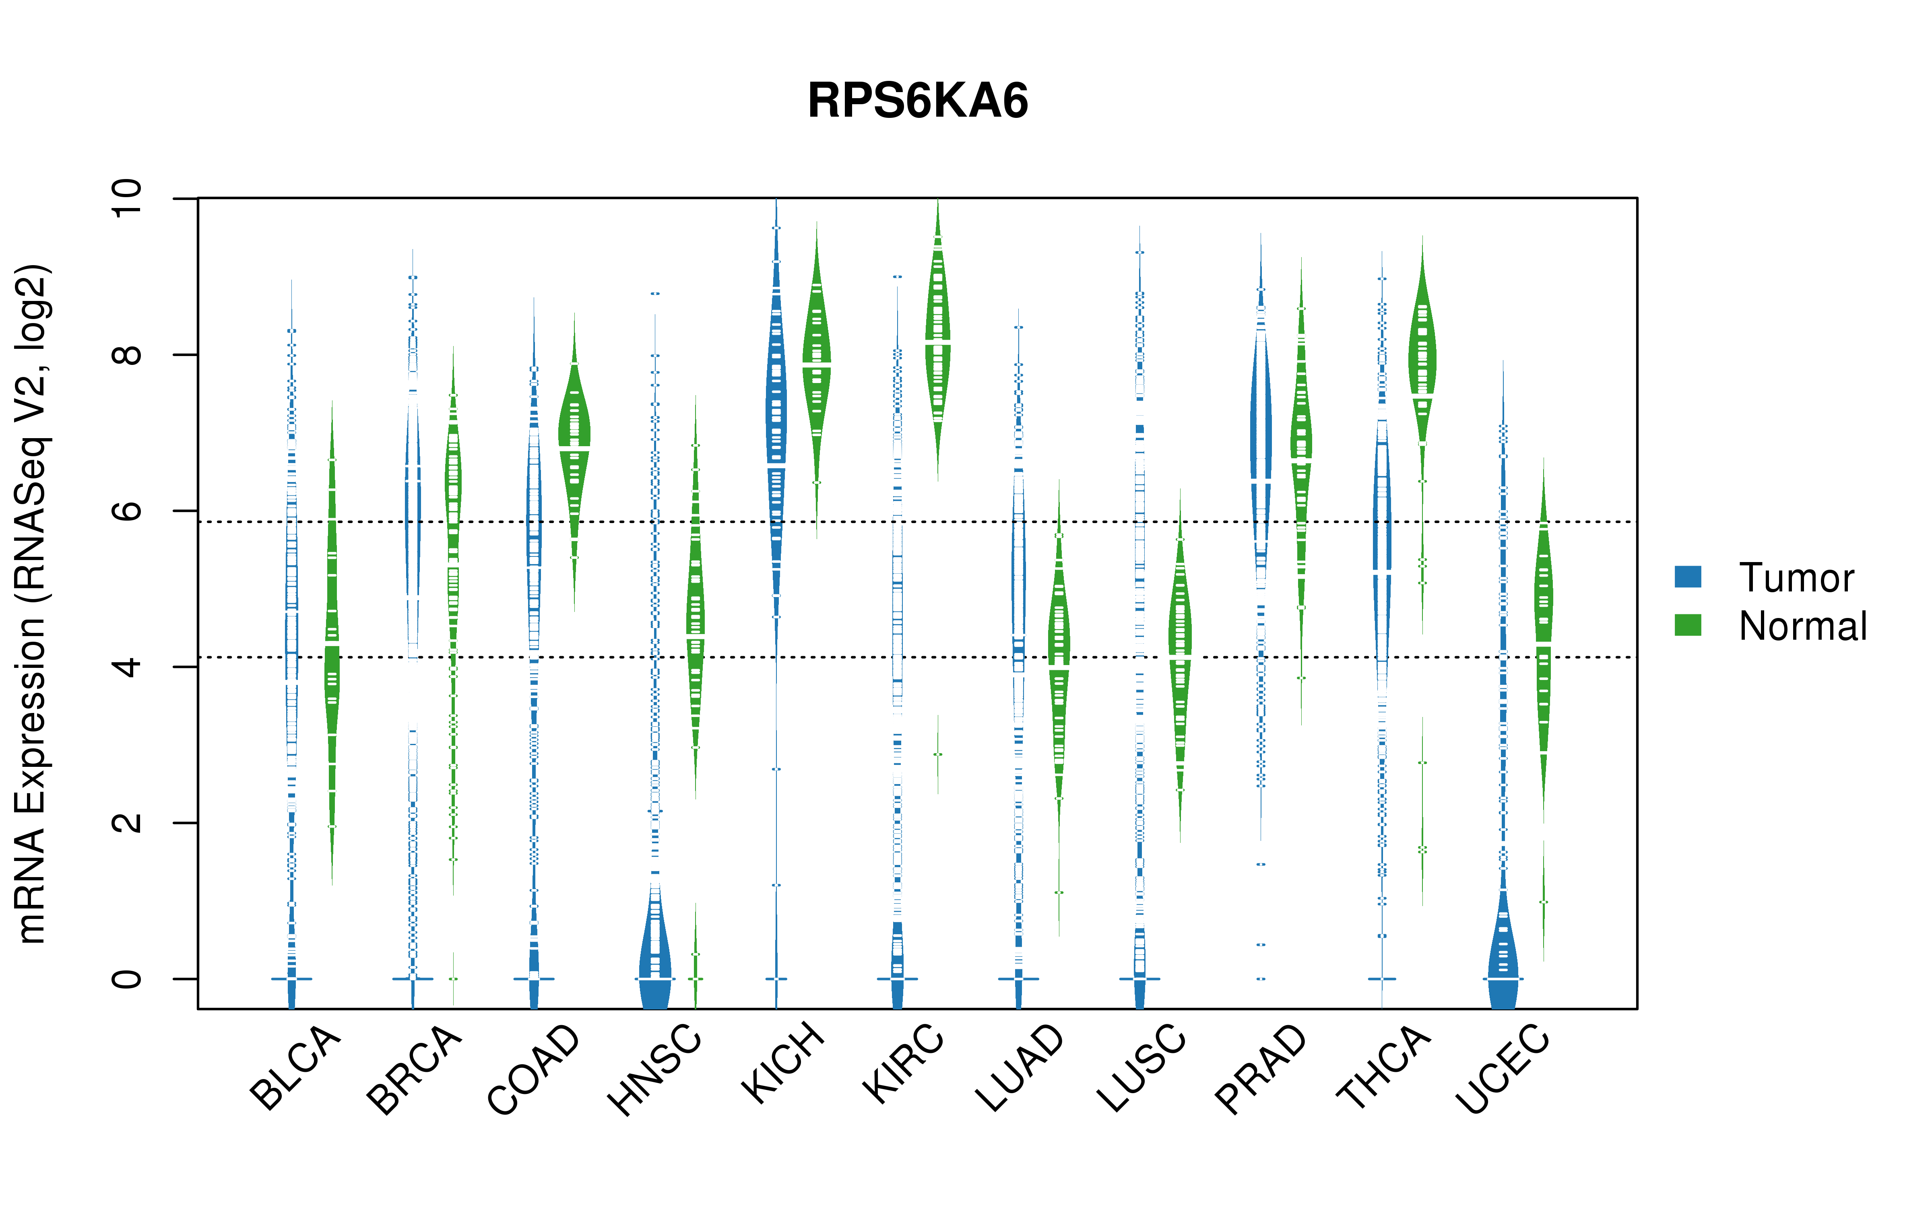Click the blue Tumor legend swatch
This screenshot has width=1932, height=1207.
point(1688,577)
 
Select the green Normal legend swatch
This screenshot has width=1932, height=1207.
point(1688,625)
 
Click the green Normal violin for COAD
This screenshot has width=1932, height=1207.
point(574,463)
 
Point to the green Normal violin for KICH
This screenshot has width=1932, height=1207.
point(817,375)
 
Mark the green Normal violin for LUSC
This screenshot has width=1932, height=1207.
point(1180,647)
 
